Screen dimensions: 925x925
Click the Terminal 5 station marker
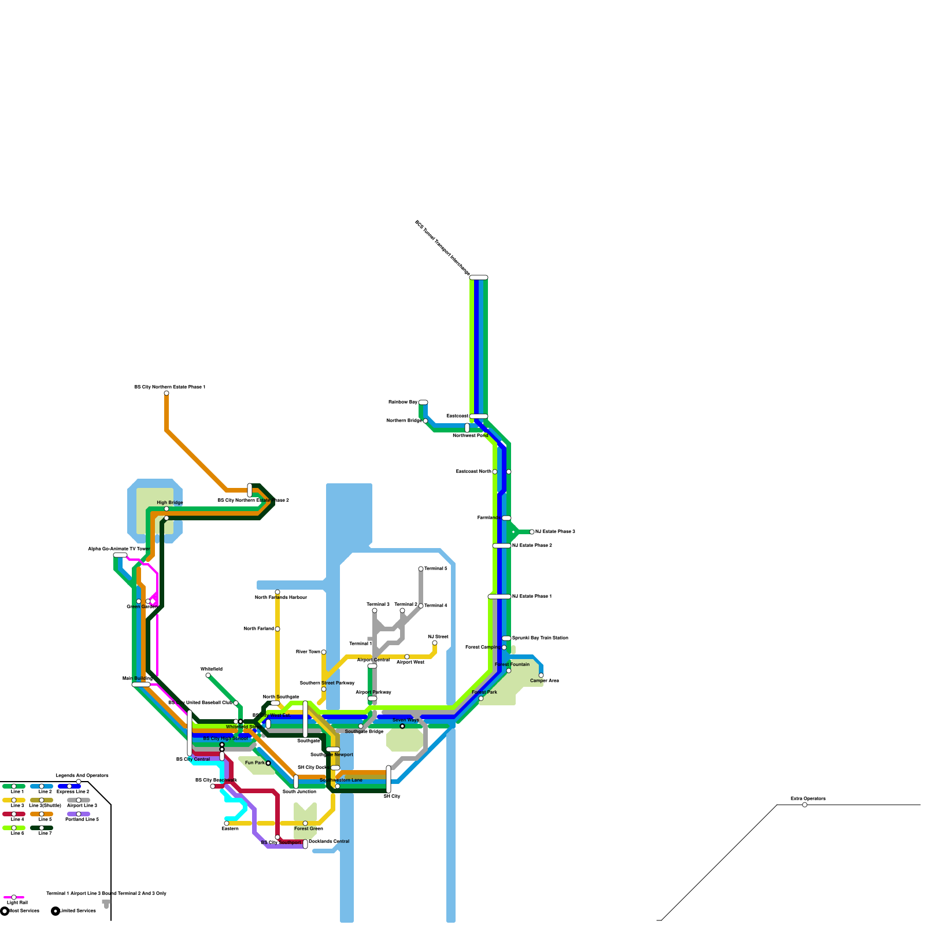421,569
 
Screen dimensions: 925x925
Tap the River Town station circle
324,652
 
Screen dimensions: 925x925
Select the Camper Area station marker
541,675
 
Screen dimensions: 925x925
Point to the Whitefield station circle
208,675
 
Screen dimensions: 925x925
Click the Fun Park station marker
268,763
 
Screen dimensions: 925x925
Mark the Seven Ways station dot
402,726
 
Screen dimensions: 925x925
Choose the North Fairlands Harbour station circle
277,592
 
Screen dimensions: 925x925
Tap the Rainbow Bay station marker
423,402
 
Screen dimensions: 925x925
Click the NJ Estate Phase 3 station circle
532,532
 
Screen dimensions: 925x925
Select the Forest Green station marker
305,823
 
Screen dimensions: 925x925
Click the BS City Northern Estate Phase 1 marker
166,393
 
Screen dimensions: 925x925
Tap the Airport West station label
410,662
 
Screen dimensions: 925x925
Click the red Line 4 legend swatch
14,814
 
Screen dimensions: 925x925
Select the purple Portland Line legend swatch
79,814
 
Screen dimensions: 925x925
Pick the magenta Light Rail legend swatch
14,897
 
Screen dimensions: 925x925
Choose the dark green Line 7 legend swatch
42,828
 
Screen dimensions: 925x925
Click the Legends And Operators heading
82,775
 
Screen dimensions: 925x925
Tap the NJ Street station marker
435,643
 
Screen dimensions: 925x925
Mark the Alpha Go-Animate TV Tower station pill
120,555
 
